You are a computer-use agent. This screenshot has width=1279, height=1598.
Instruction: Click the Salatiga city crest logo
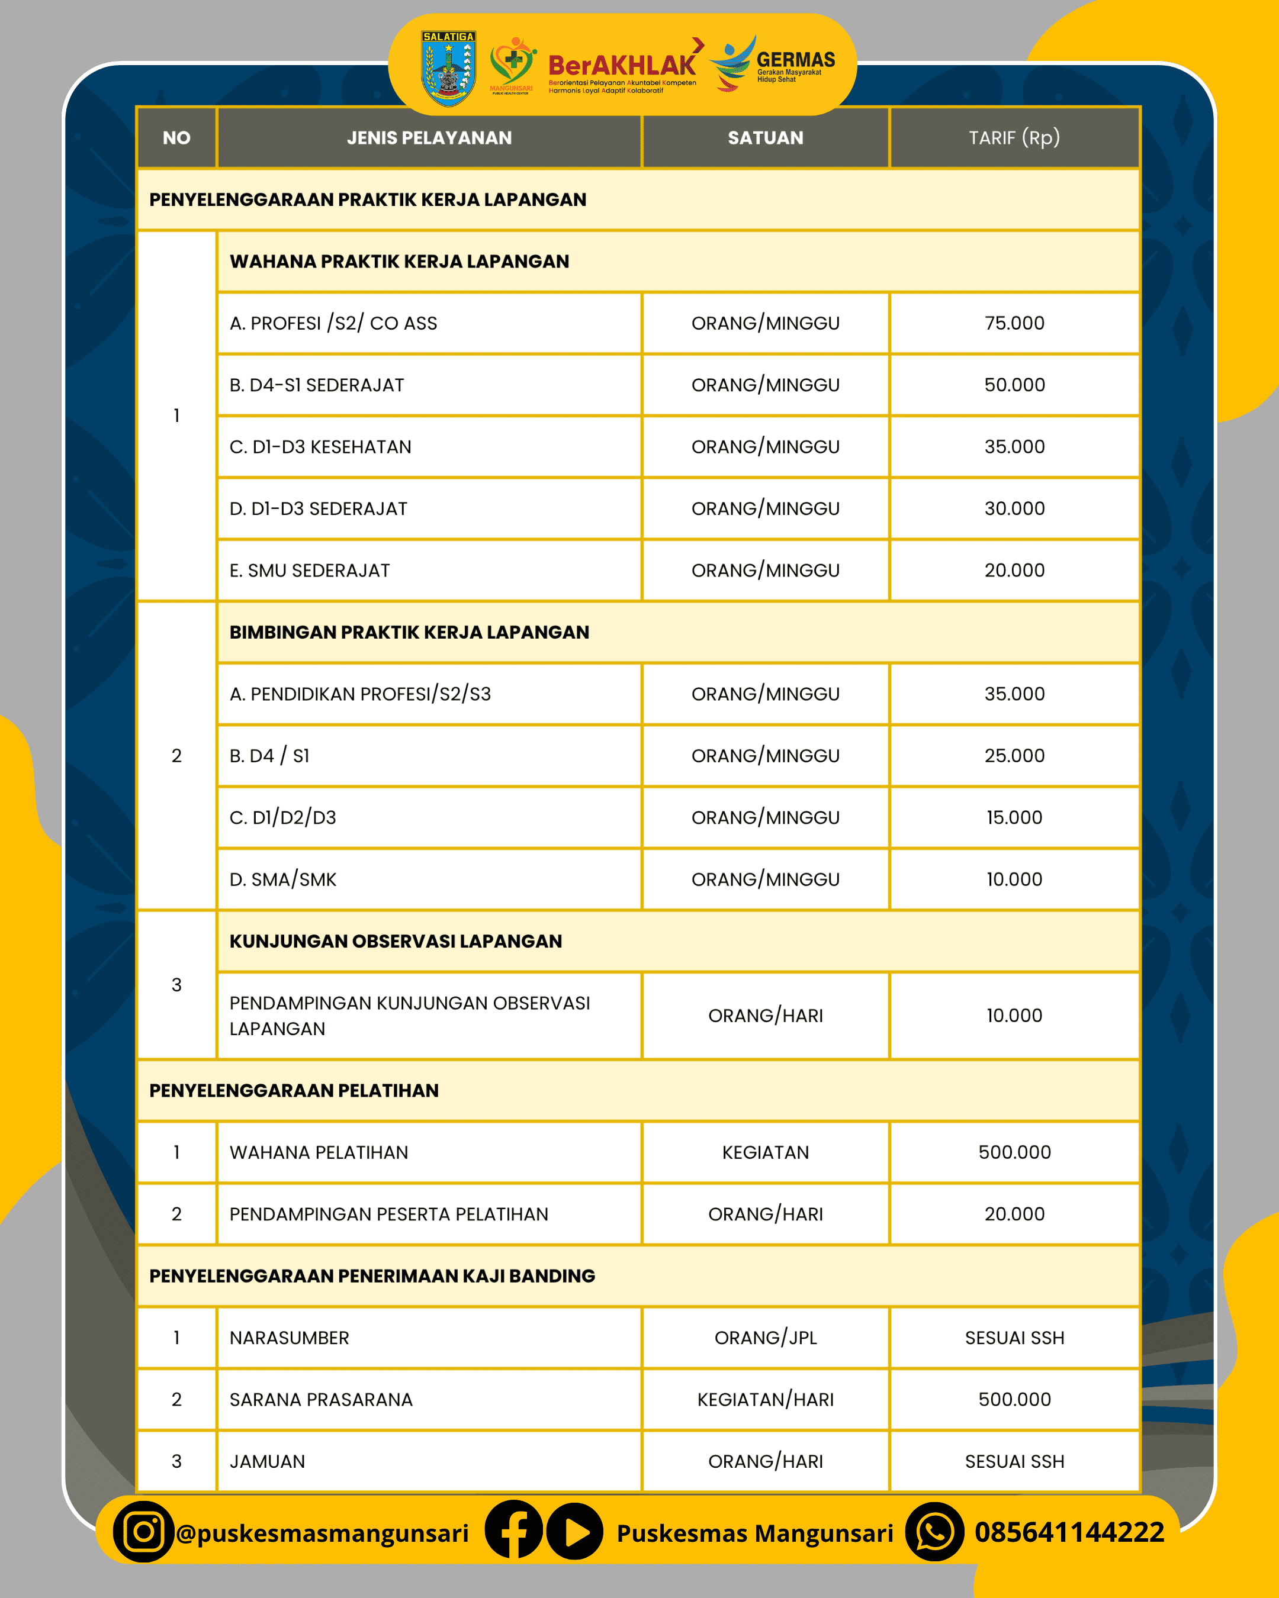point(448,68)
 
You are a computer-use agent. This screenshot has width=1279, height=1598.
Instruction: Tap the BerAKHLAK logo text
point(621,66)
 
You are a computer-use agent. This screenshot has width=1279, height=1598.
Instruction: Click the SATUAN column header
point(765,138)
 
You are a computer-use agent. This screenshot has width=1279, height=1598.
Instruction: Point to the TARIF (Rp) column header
point(1014,138)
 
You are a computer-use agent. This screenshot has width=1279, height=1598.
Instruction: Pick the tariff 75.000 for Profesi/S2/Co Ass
point(1014,323)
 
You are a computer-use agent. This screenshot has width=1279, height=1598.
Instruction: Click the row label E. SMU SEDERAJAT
point(309,571)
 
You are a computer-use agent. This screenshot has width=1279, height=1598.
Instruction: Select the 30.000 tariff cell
point(1014,508)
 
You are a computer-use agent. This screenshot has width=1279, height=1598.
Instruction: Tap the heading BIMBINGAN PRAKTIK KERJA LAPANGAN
point(409,632)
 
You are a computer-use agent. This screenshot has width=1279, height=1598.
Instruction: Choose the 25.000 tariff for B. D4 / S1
point(1014,756)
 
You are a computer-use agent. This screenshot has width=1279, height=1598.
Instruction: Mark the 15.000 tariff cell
point(1014,817)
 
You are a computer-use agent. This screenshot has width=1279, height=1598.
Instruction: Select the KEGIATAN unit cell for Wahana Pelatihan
point(765,1152)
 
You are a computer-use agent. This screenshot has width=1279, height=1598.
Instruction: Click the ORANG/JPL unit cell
point(765,1338)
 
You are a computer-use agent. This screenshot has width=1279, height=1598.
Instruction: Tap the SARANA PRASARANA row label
point(320,1399)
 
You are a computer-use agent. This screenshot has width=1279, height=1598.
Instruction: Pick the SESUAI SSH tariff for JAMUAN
point(1014,1462)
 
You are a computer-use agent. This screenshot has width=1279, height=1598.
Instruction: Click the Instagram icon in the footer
point(143,1532)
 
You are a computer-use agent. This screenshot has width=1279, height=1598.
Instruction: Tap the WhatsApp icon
point(934,1532)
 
